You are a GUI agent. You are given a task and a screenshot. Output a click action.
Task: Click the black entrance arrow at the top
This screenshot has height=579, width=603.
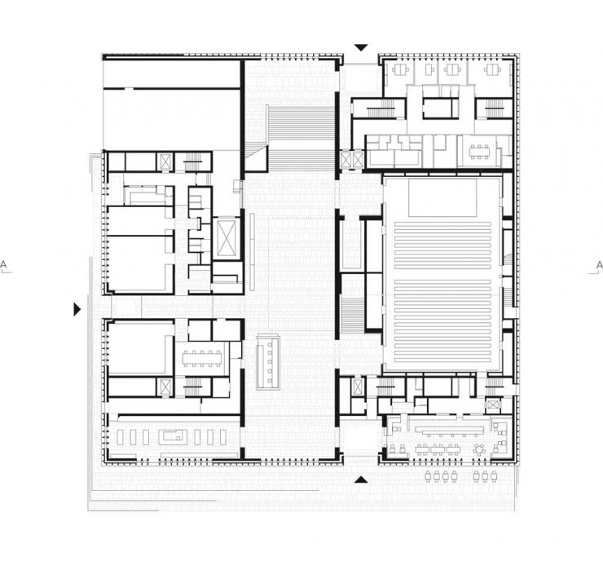[361, 48]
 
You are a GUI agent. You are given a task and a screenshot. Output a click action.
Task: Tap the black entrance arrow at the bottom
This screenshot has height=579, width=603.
[361, 480]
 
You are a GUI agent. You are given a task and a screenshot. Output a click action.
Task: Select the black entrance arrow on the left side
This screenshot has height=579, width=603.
[77, 309]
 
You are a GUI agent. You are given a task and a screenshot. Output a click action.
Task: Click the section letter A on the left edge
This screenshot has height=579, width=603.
[3, 265]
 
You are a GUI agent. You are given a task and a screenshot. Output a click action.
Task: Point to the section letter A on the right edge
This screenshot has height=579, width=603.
[599, 265]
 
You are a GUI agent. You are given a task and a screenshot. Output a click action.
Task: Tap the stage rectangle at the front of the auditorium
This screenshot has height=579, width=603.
[442, 197]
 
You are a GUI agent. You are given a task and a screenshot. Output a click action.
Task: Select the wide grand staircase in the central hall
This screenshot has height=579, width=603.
[300, 138]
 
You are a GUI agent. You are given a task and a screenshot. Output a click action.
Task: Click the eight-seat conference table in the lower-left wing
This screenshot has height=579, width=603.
[202, 359]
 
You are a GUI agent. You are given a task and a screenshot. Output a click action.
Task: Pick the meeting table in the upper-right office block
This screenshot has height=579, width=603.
[479, 152]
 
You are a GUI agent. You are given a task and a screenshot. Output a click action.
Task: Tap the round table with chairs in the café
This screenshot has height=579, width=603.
[479, 449]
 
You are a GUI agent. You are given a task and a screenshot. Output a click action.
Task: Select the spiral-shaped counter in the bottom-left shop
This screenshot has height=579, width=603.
[173, 437]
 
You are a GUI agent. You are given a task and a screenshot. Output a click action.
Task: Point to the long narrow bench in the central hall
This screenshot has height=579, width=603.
[253, 252]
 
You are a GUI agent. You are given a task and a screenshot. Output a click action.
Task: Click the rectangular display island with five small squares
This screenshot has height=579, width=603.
[269, 362]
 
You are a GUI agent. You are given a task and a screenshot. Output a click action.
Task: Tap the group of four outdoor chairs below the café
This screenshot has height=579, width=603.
[441, 476]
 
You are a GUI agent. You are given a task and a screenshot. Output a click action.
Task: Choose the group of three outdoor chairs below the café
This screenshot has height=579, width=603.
[485, 476]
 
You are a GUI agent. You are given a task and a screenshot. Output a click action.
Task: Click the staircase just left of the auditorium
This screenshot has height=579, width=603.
[352, 316]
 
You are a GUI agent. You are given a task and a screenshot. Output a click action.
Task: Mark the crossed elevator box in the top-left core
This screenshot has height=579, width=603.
[165, 161]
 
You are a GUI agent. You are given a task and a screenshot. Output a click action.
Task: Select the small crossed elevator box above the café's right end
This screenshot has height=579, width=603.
[493, 404]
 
